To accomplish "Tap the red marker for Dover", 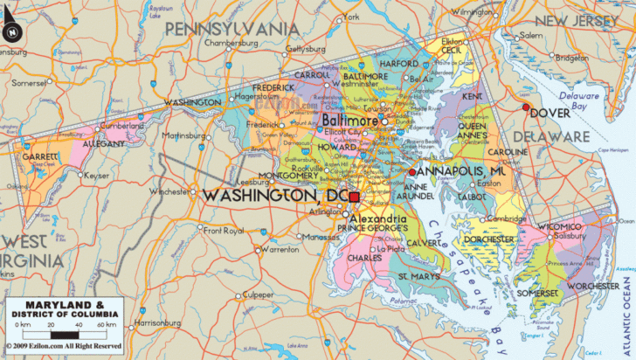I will pos(526,107).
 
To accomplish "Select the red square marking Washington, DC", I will pos(354,197).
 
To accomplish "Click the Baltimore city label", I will pos(349,120).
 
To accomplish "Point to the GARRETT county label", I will pos(42,157).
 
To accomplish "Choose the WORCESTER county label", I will pos(593,286).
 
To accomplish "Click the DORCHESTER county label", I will pos(488,239).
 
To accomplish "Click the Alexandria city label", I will pos(377,218).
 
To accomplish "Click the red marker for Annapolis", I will pos(412,172).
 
